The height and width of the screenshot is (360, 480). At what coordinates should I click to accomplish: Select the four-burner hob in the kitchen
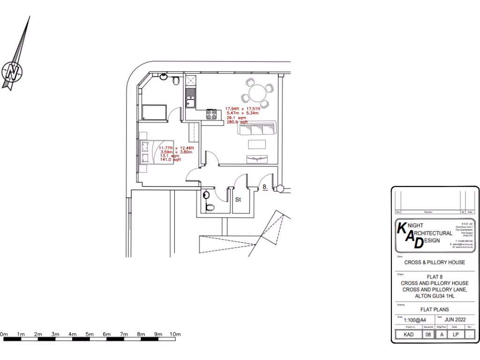[x=211, y=114]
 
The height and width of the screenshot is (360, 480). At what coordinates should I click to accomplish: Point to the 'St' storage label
[x=238, y=200]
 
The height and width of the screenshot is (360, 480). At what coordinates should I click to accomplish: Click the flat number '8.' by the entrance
[x=265, y=187]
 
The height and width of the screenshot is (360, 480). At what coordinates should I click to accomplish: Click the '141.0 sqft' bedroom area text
[x=171, y=160]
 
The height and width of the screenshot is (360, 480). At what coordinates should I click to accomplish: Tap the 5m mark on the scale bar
[x=90, y=334]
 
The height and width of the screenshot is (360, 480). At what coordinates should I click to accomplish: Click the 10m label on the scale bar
[x=175, y=334]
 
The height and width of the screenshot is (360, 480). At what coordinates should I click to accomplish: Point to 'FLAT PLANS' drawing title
[x=434, y=309]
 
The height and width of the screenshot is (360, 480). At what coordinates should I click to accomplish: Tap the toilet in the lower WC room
[x=209, y=207]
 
